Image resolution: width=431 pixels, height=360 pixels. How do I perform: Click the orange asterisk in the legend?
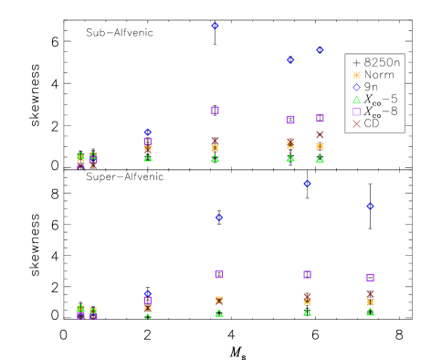[356, 76]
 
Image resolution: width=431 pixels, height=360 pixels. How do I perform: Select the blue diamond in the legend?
[356, 88]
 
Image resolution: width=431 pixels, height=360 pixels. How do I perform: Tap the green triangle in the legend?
[356, 100]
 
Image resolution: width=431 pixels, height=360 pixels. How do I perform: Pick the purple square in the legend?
[356, 111]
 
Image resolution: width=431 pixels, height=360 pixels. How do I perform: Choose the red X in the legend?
[356, 123]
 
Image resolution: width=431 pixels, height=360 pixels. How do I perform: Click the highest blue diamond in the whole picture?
[215, 26]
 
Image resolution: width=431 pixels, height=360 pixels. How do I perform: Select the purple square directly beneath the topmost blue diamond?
[215, 111]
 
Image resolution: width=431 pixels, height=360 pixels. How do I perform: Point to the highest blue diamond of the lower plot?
[307, 184]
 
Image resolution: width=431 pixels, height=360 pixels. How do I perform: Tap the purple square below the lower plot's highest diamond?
[307, 274]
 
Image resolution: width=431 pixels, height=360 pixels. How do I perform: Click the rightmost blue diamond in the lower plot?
[370, 206]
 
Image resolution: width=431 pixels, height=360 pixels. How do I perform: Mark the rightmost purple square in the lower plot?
[370, 277]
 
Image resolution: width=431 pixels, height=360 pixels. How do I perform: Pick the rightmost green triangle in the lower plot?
[370, 312]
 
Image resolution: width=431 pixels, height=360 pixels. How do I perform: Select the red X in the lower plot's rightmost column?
[370, 293]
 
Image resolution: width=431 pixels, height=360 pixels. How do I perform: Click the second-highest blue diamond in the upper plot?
[320, 49]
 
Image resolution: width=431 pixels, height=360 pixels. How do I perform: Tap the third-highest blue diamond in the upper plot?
[290, 59]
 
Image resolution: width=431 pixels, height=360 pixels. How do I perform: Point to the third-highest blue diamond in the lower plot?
[219, 217]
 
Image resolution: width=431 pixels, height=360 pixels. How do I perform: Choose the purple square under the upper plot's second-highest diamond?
[320, 118]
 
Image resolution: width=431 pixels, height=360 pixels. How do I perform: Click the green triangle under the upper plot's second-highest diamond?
[320, 159]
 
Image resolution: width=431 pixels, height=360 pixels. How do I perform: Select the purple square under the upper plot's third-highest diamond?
[290, 120]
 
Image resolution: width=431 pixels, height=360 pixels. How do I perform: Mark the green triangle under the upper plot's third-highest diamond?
[290, 158]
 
